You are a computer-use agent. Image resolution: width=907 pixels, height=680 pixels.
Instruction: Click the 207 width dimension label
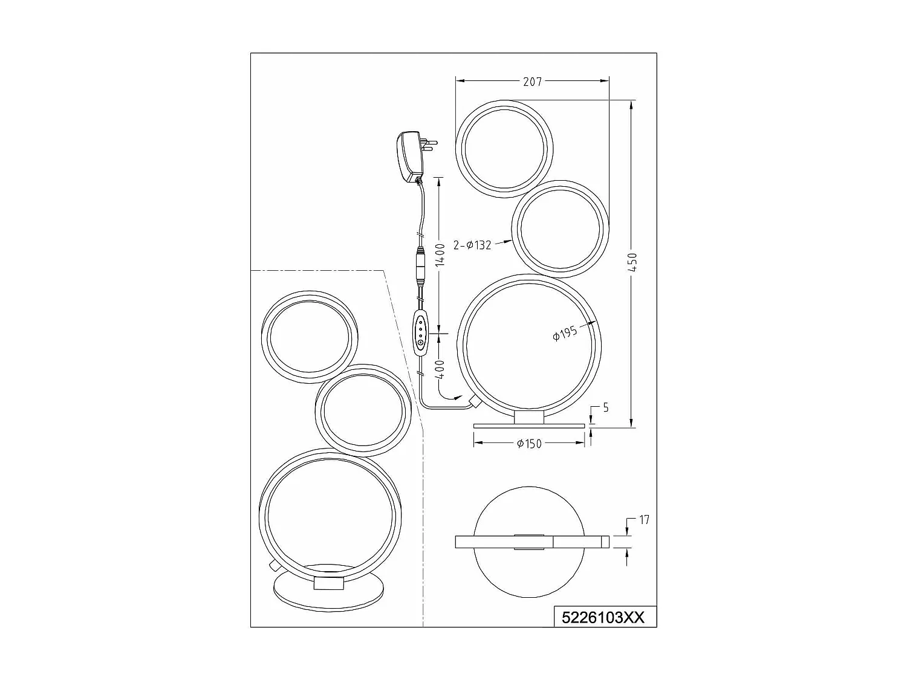532,82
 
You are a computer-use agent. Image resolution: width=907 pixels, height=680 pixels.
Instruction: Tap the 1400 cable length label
440,254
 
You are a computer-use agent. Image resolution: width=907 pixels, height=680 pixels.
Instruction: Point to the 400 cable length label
440,369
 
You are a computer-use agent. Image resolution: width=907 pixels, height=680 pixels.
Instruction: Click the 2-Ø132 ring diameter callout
472,246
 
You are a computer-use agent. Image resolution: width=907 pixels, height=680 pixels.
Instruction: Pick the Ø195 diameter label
565,332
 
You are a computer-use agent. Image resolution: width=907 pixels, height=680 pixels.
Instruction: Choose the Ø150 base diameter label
529,444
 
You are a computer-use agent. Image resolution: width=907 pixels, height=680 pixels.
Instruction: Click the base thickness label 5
605,408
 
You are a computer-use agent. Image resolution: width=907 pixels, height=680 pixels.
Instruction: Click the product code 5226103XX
604,618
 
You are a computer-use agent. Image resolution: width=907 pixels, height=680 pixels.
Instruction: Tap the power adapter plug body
406,157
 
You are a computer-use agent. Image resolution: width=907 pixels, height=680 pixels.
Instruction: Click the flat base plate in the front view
529,426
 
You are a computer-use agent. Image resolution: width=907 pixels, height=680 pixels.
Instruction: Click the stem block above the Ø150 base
529,417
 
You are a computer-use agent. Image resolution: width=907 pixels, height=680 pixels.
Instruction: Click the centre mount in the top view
529,542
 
